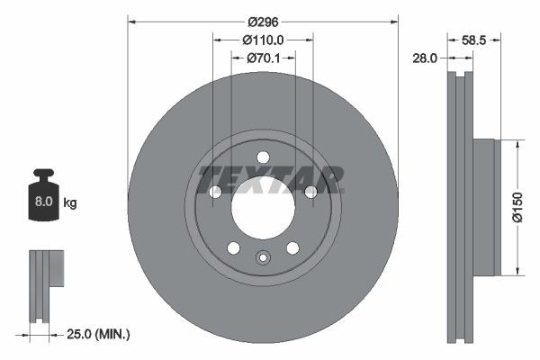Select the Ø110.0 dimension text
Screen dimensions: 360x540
[263, 40]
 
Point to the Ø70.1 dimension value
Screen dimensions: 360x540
[263, 58]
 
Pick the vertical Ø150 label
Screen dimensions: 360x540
[530, 207]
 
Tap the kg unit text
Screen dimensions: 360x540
[70, 203]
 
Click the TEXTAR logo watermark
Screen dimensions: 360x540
[270, 179]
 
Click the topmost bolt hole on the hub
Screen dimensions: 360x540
[263, 158]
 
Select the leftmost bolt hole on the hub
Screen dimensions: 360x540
[215, 192]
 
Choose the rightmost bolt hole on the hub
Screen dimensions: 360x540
[310, 192]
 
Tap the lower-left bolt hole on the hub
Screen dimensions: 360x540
[233, 248]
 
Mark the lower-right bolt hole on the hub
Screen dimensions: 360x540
[292, 248]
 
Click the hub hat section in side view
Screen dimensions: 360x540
[484, 207]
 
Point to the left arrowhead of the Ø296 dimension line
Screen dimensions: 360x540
[131, 20]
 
